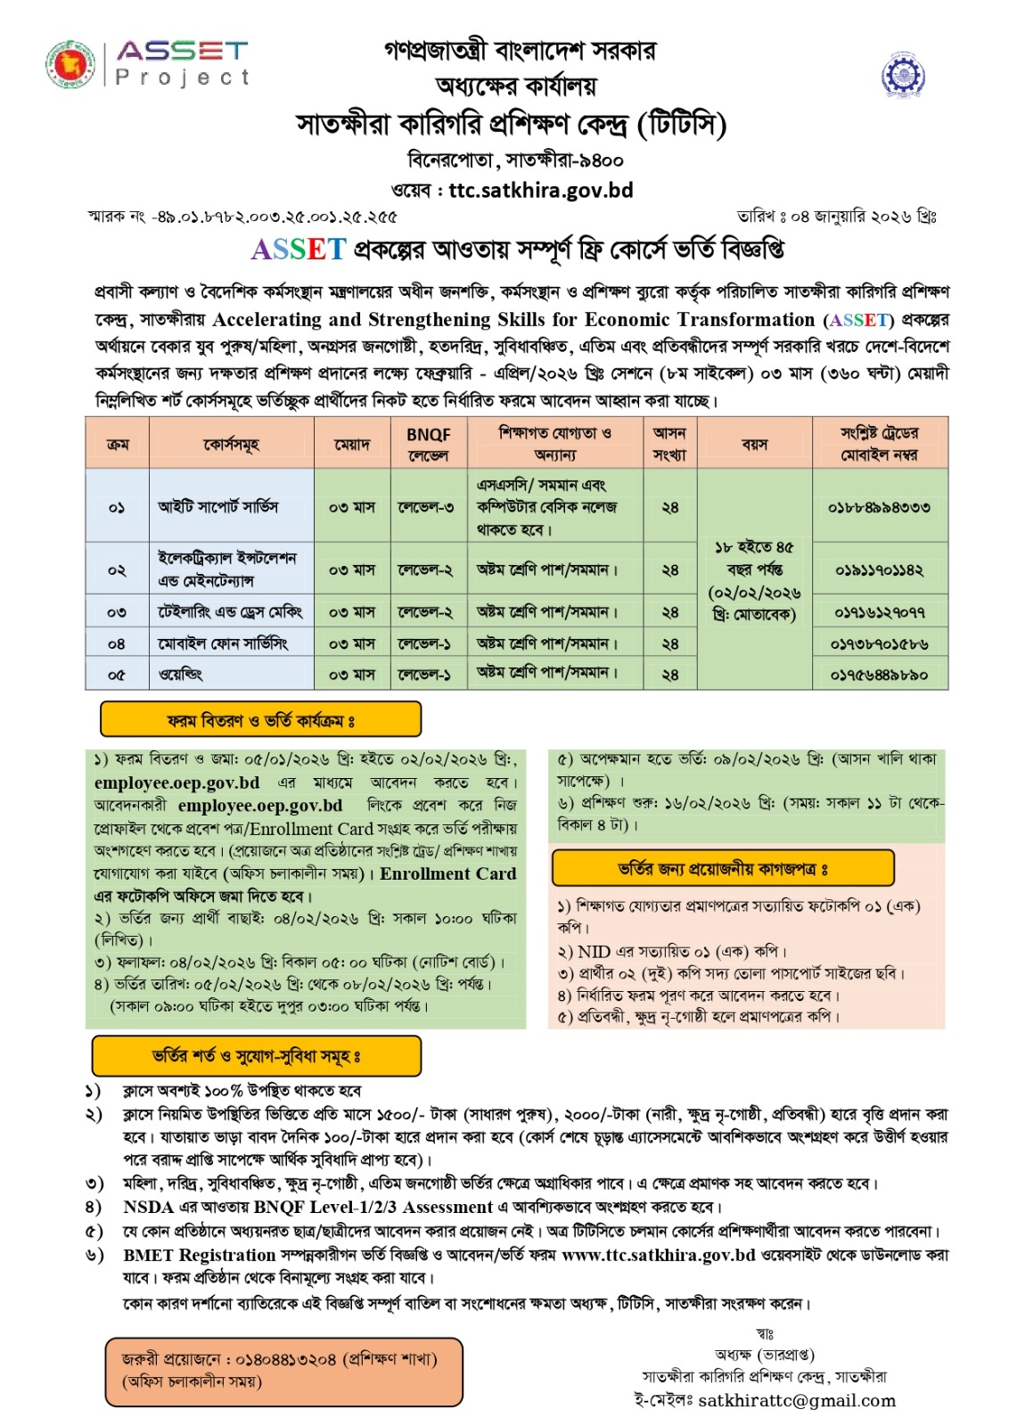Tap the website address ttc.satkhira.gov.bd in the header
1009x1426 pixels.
click(x=540, y=190)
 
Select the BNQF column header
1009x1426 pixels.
click(x=428, y=444)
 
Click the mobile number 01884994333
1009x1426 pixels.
click(x=879, y=507)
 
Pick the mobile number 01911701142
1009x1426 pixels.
click(x=879, y=570)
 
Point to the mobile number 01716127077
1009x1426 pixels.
click(x=879, y=612)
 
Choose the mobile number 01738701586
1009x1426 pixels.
click(x=879, y=643)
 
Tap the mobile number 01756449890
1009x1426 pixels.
click(x=879, y=675)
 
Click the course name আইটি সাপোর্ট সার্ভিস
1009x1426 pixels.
click(x=218, y=507)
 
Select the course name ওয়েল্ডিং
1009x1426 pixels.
click(x=181, y=675)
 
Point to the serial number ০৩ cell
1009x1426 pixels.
click(x=117, y=612)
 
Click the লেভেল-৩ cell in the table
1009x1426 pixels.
click(x=426, y=507)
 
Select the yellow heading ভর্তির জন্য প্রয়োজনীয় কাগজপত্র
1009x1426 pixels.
click(x=722, y=868)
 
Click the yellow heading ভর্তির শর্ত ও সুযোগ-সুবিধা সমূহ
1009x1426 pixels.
click(x=256, y=1057)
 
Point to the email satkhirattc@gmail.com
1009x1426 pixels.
click(x=797, y=1400)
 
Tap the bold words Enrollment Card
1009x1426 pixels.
click(x=447, y=873)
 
